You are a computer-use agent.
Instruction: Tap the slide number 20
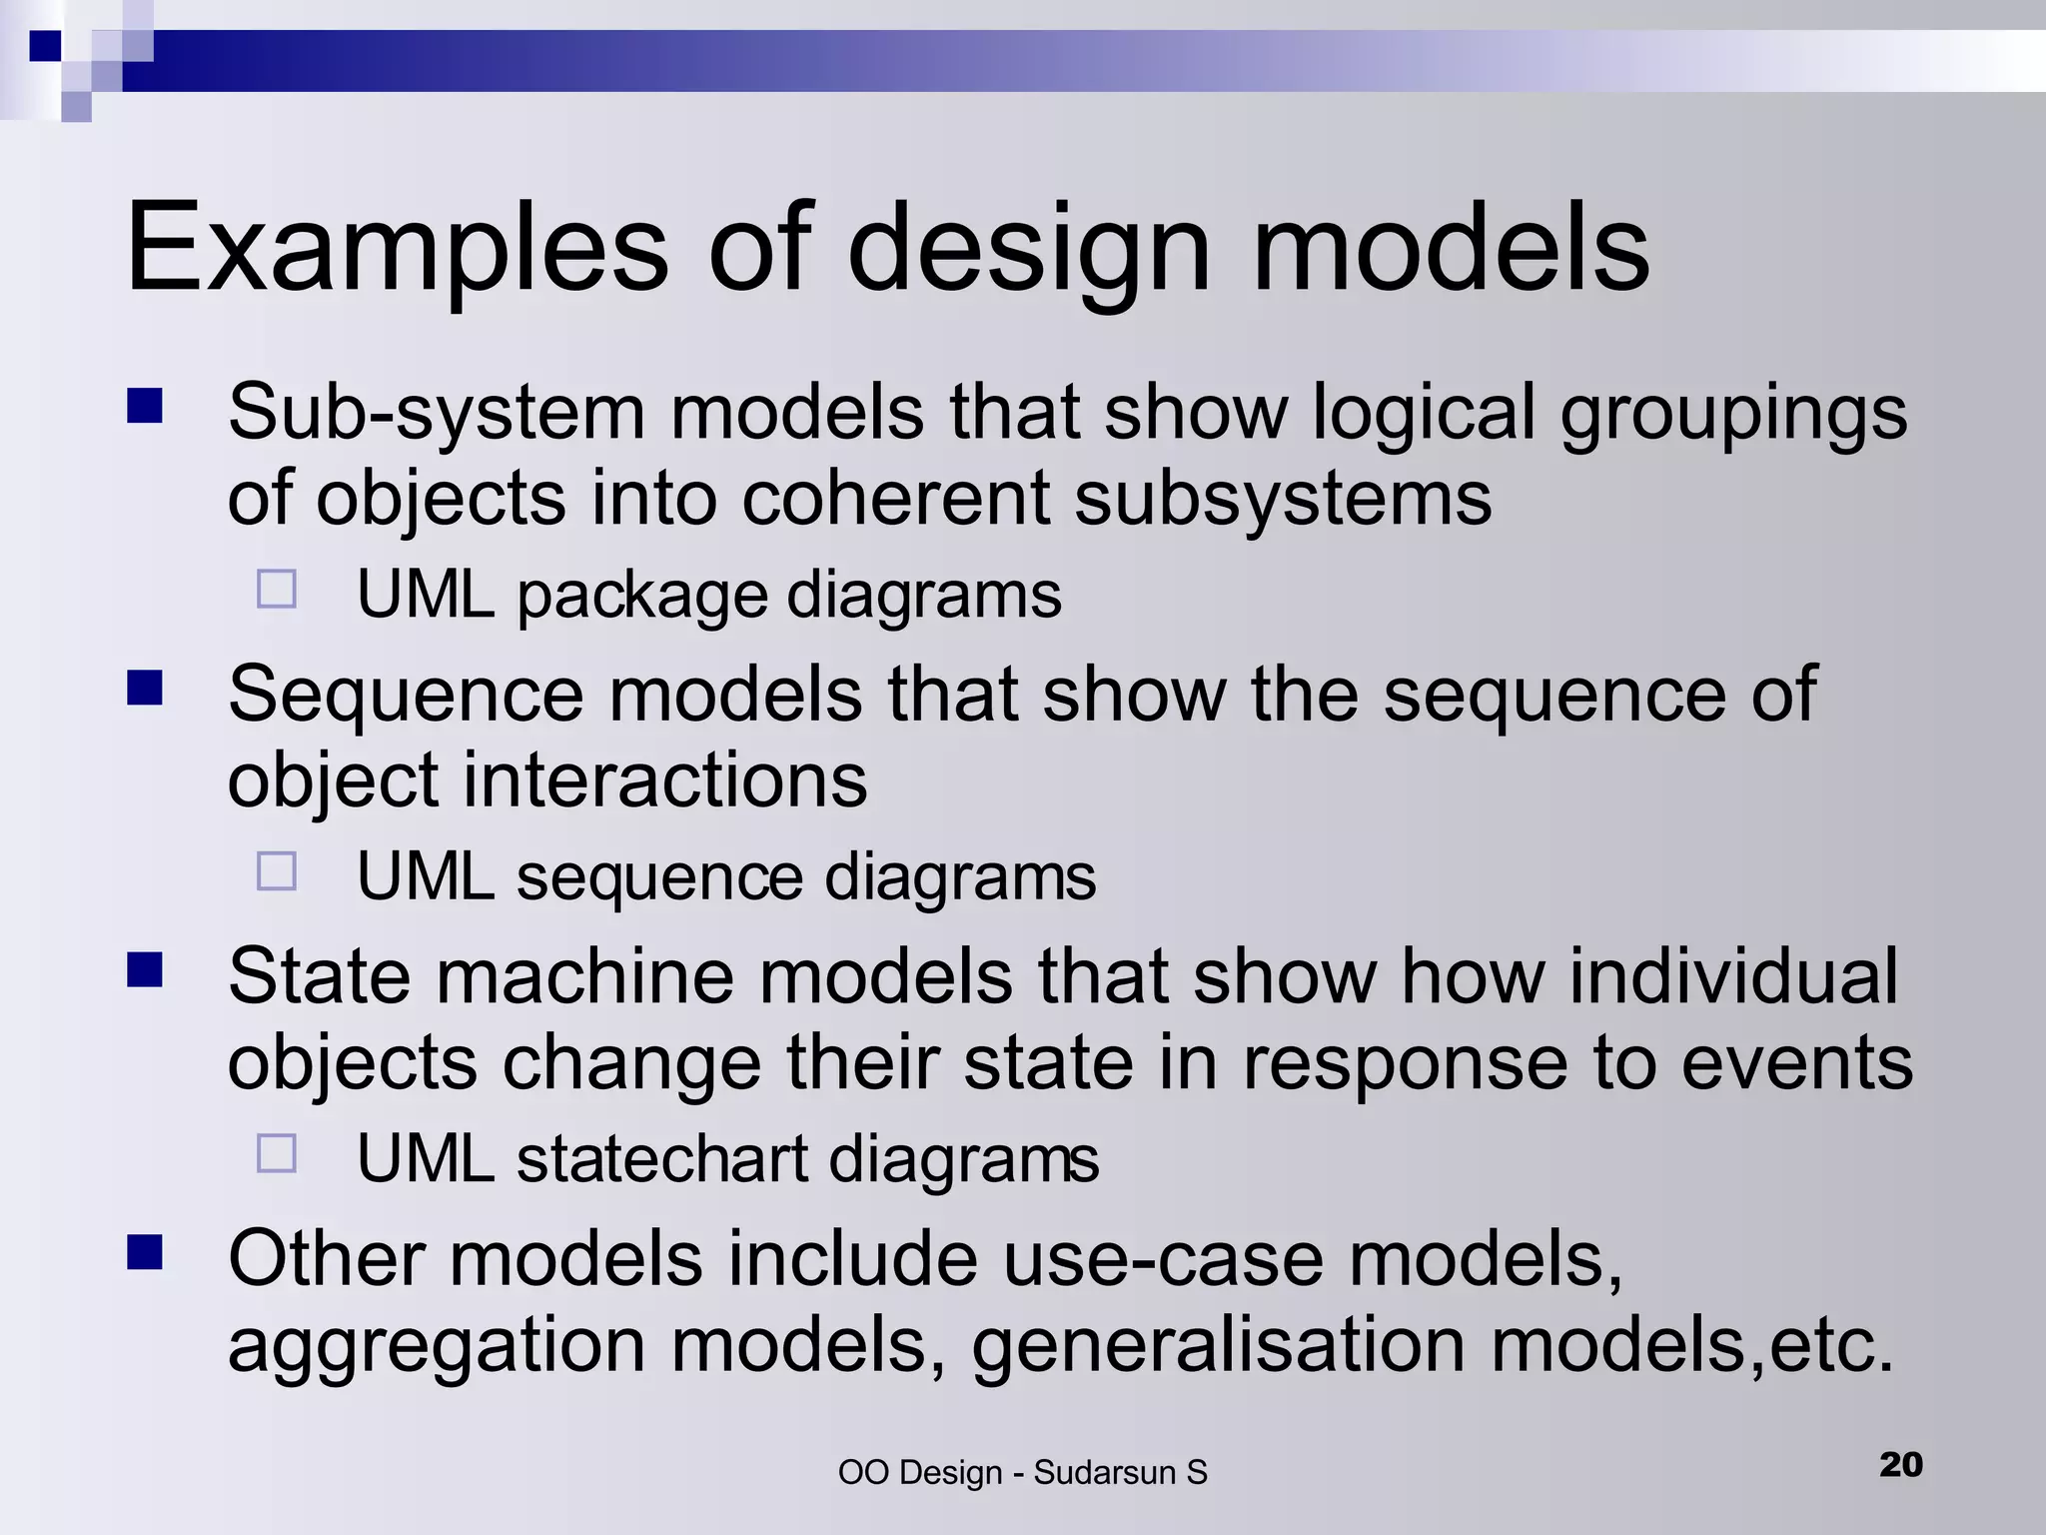tap(1900, 1464)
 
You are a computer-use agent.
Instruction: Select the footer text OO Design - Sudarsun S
tap(1022, 1472)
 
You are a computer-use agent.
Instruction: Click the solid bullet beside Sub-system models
tap(145, 407)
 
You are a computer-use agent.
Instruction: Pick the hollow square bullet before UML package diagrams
tap(277, 590)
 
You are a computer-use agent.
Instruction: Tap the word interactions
tap(664, 779)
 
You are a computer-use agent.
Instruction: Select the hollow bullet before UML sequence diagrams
tap(277, 871)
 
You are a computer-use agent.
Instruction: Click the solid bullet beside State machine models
tap(145, 969)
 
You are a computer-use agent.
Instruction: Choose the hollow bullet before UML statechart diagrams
tap(277, 1153)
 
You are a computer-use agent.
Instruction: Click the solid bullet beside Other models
tap(145, 1251)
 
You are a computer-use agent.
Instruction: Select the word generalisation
tap(1219, 1345)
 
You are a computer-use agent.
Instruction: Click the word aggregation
tap(437, 1347)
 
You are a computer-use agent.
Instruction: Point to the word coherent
tap(895, 498)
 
